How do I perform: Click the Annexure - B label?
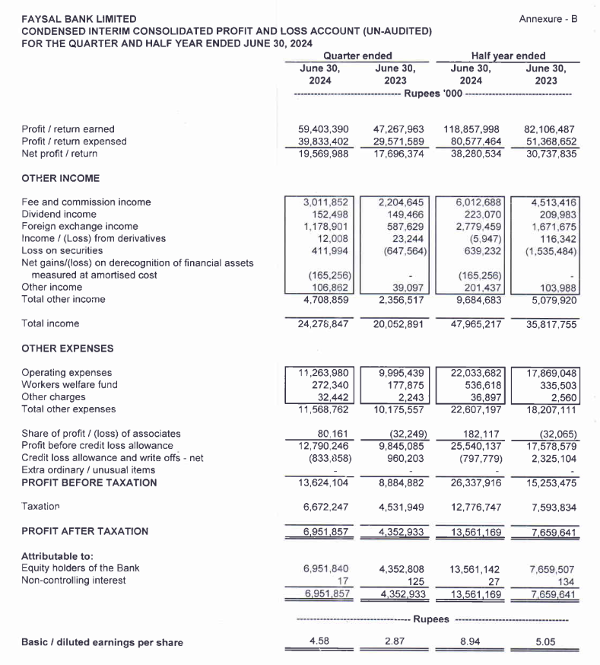pos(548,18)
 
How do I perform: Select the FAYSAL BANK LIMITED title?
pos(79,19)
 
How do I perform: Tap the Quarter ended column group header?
pos(357,56)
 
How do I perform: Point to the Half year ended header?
pos(508,56)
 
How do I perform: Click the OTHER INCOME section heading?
pos(61,178)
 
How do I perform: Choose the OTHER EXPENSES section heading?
pos(68,348)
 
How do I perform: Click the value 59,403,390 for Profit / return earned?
pos(323,129)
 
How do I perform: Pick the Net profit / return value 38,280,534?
pos(472,154)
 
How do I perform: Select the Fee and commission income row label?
pos(86,202)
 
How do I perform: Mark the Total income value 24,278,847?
pos(323,324)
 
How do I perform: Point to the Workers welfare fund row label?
pos(70,385)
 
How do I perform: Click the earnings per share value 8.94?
pos(471,642)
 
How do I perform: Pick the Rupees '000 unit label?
pos(432,93)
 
